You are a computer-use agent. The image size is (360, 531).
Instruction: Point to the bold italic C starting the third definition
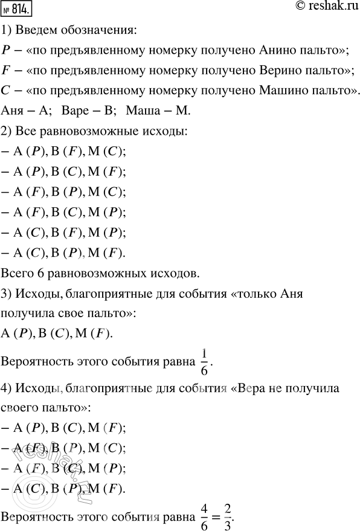coord(7,91)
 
